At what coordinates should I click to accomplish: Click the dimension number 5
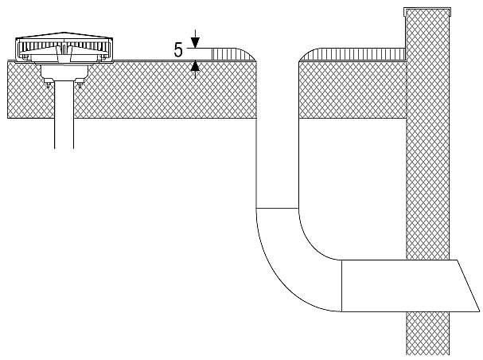178,50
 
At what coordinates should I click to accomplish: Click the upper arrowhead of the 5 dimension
195,42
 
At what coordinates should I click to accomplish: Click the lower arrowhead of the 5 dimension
195,66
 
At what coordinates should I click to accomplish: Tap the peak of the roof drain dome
64,32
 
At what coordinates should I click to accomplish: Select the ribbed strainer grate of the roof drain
64,46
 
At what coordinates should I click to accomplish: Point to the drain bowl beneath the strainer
64,71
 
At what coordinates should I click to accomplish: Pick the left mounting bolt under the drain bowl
48,83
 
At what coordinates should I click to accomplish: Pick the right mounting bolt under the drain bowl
80,83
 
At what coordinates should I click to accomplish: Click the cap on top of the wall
427,11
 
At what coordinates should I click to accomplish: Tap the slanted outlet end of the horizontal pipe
468,286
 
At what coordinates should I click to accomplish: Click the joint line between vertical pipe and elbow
277,209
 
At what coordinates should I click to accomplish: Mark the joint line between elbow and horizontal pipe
341,286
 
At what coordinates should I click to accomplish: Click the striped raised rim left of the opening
233,54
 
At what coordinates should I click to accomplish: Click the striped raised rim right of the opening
353,54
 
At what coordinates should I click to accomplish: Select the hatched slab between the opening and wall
353,90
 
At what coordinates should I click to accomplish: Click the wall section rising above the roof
427,34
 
